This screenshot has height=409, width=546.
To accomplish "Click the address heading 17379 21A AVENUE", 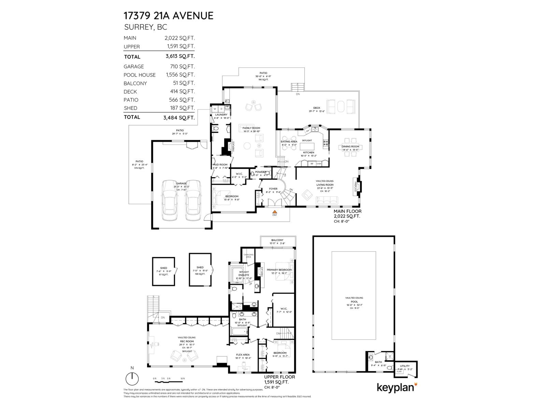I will [168, 16].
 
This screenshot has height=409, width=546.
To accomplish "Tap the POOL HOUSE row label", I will [140, 75].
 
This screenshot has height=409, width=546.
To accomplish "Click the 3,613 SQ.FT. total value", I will [180, 57].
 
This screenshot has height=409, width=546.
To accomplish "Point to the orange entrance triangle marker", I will [274, 211].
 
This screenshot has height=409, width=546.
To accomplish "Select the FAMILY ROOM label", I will [251, 128].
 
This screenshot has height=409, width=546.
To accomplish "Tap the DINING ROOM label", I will [350, 147].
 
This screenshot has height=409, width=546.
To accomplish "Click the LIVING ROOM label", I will [325, 185].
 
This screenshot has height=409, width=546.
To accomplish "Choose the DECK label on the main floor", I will [317, 108].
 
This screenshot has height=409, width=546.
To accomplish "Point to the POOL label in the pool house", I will [354, 302].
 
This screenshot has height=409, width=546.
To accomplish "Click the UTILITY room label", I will [405, 366].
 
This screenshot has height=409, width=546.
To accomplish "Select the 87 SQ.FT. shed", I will [164, 272].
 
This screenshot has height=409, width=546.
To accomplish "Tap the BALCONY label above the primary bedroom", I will [277, 240].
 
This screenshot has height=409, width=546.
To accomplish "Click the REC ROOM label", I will [187, 341].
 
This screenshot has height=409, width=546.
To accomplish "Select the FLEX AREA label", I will [242, 355].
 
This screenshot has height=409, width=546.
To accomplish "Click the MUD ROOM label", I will [220, 165].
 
